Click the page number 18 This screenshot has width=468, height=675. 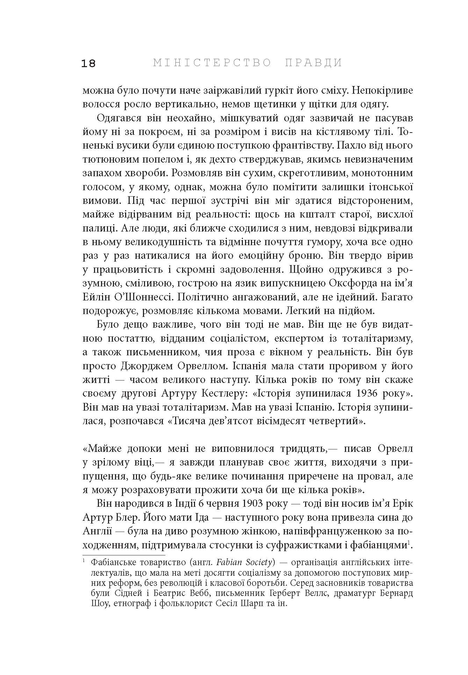point(88,63)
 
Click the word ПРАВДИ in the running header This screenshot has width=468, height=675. point(313,63)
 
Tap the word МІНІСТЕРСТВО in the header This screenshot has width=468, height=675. point(212,63)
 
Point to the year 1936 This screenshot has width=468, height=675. point(367,393)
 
